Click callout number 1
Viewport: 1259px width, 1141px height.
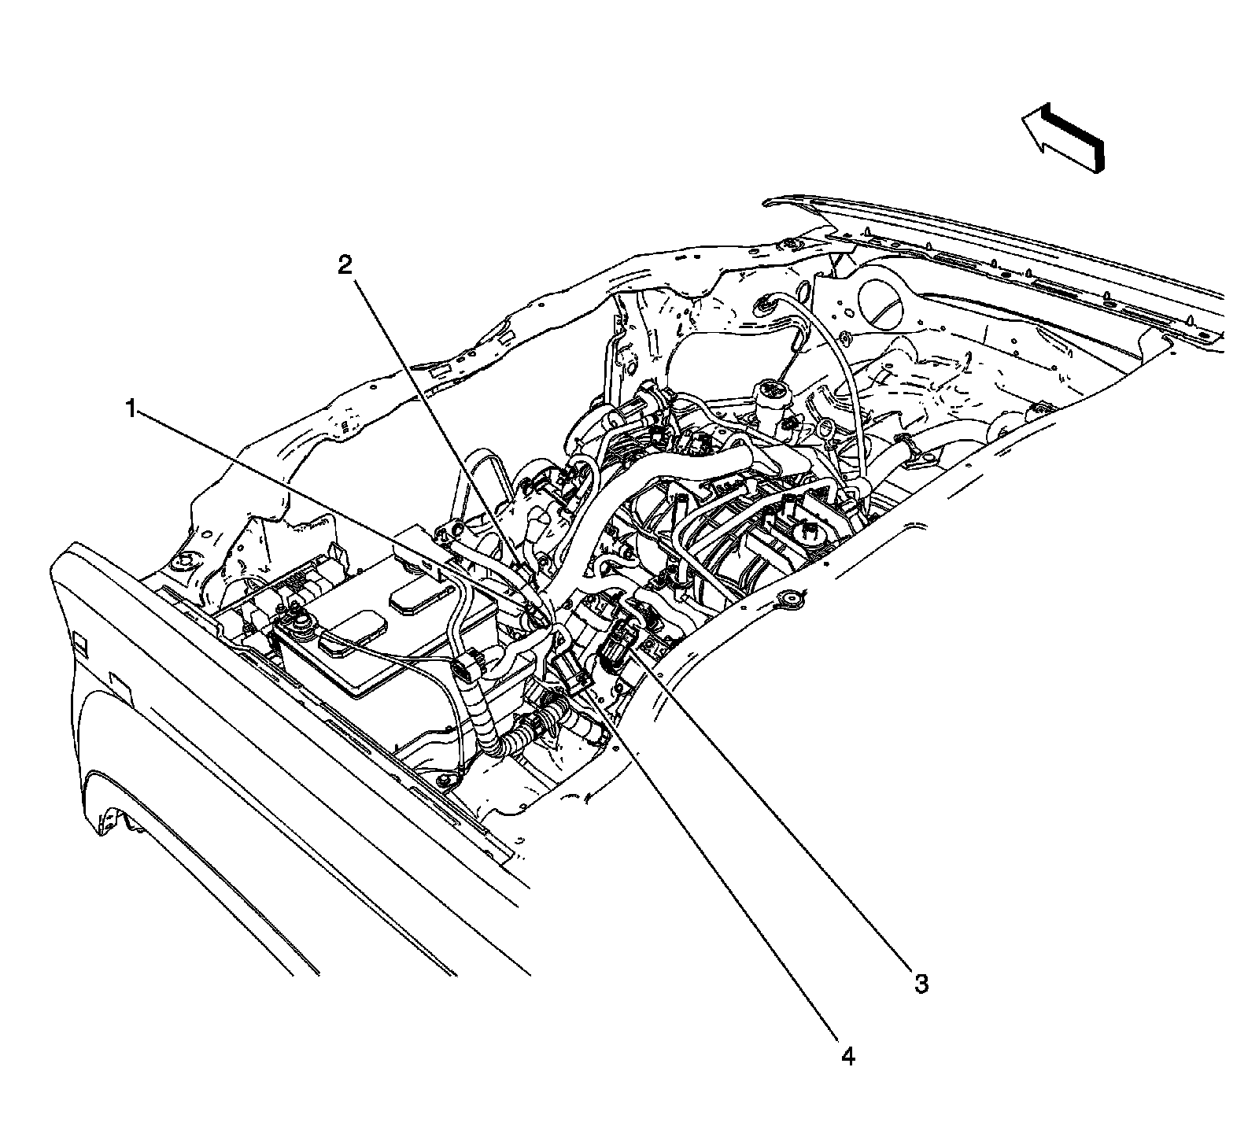point(131,408)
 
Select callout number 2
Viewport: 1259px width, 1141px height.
point(345,265)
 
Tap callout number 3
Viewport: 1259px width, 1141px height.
point(921,983)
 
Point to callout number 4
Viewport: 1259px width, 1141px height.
point(847,1057)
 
